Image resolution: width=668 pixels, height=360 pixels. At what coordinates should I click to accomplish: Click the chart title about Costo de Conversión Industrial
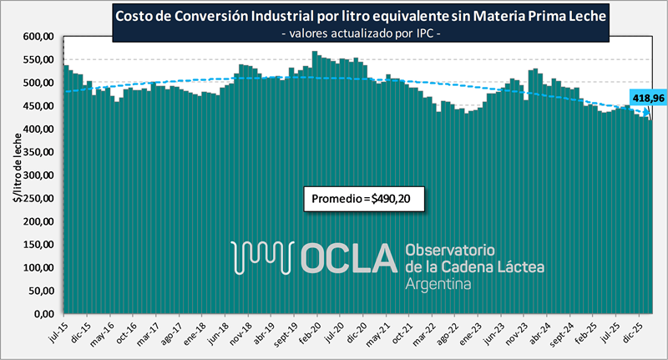[360, 15]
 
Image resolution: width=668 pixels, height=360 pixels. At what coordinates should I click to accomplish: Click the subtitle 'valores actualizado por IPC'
[360, 33]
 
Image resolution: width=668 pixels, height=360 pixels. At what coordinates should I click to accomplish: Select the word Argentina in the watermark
[437, 284]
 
